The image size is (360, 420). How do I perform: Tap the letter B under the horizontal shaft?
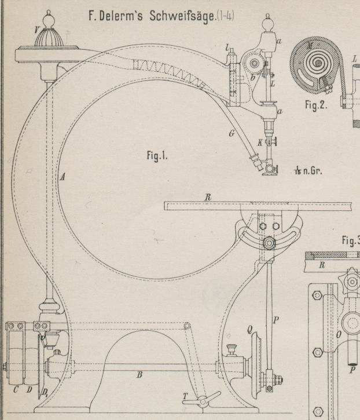pos(138,375)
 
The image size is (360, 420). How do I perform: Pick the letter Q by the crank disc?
pos(233,330)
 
